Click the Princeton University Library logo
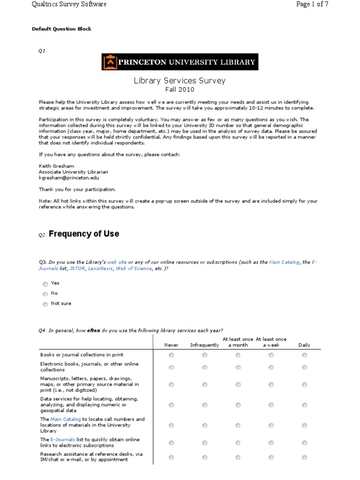pyautogui.click(x=180, y=62)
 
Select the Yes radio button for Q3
pyautogui.click(x=45, y=284)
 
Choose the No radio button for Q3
pyautogui.click(x=45, y=294)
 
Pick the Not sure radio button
pyautogui.click(x=45, y=304)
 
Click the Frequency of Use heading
pyautogui.click(x=84, y=234)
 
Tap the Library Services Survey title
pyautogui.click(x=180, y=81)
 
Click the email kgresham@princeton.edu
pyautogui.click(x=68, y=178)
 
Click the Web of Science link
pyautogui.click(x=134, y=269)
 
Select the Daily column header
pyautogui.click(x=304, y=345)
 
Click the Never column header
pyautogui.click(x=171, y=345)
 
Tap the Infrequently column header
pyautogui.click(x=204, y=345)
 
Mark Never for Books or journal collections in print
pyautogui.click(x=171, y=355)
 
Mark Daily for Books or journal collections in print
pyautogui.click(x=305, y=355)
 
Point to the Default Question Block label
pyautogui.click(x=61, y=29)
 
